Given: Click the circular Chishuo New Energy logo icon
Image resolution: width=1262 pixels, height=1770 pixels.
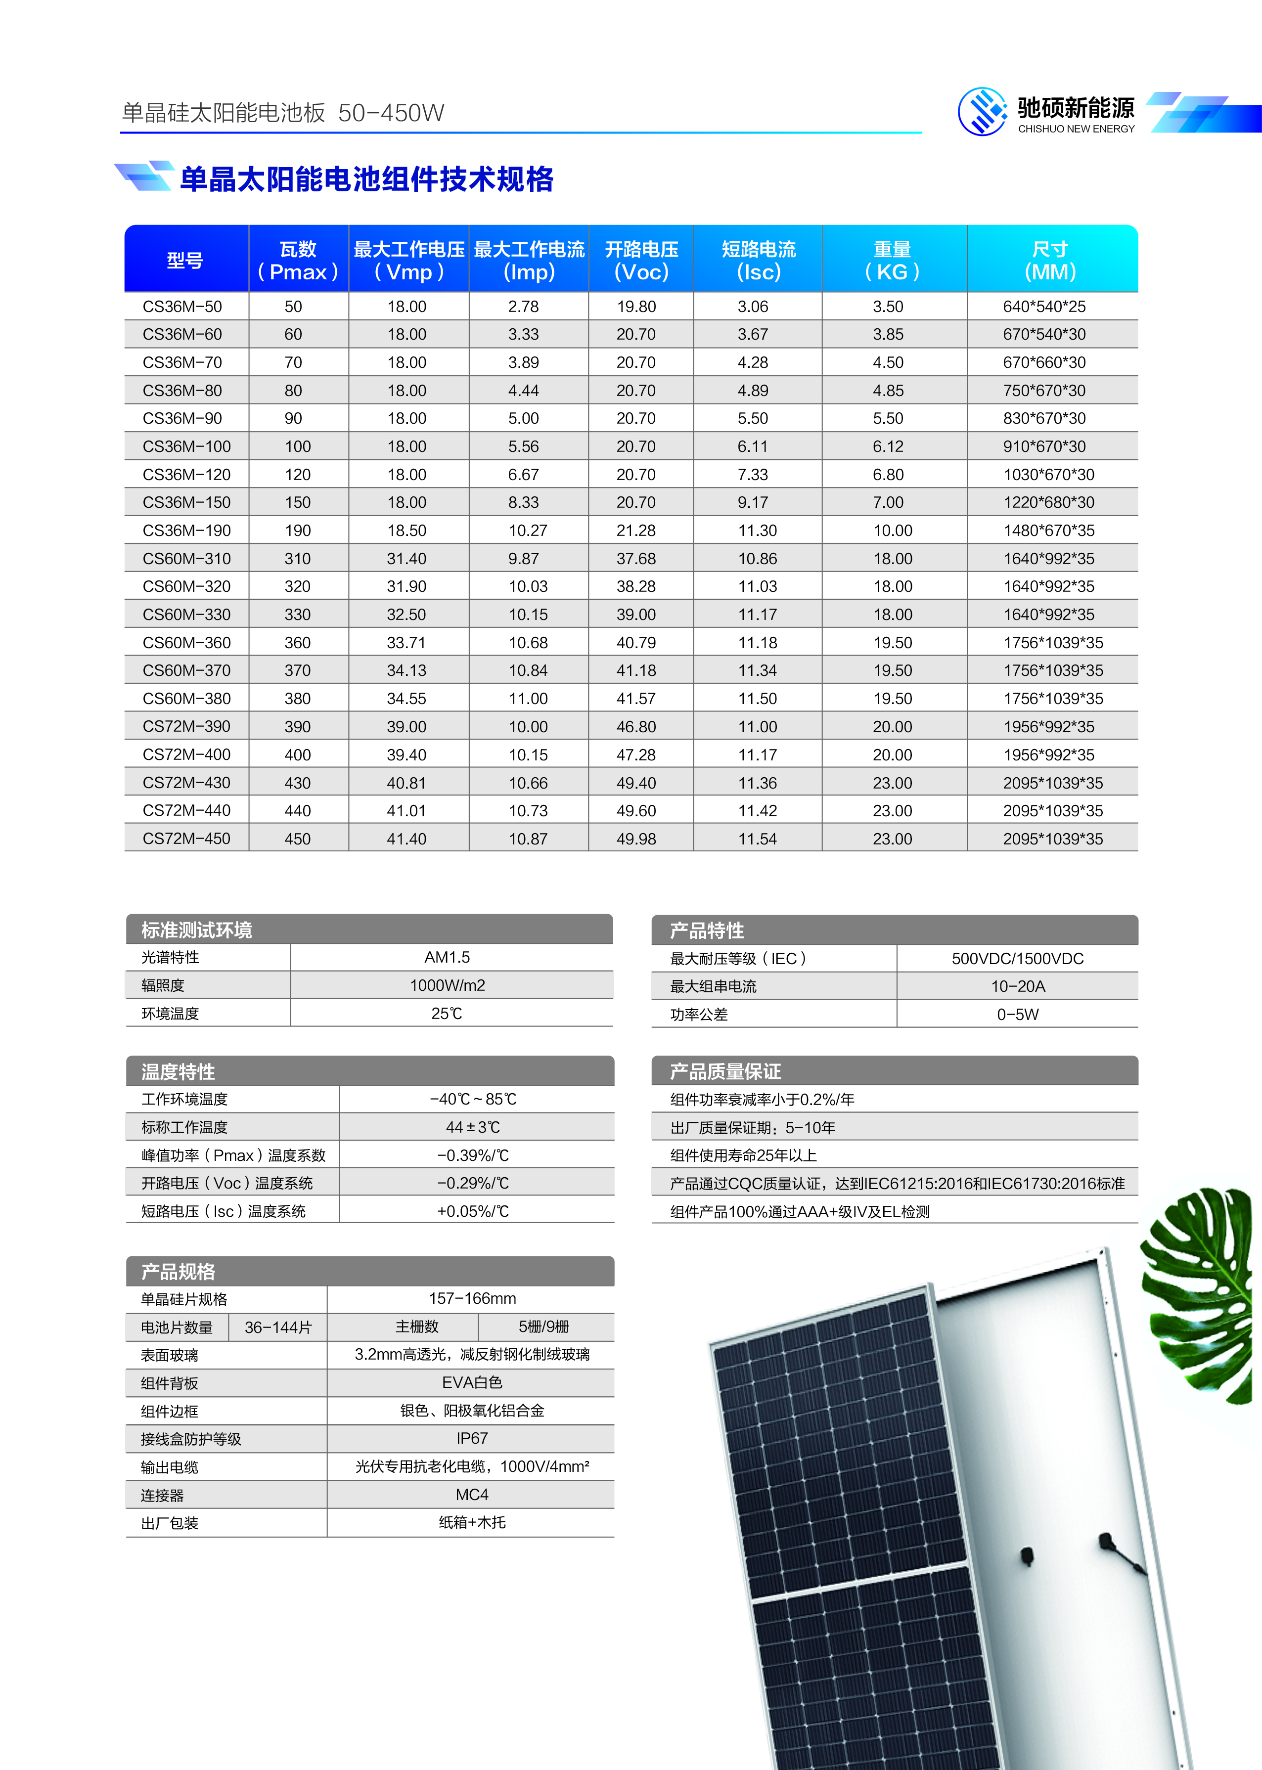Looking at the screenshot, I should [982, 112].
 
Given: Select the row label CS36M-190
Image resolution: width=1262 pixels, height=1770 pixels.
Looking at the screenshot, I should [186, 531].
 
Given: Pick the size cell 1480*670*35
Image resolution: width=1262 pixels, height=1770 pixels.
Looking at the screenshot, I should [1048, 531].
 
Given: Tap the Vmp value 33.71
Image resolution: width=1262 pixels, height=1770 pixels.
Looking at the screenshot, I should [406, 643].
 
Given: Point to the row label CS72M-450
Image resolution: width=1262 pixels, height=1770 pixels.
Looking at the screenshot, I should [186, 839].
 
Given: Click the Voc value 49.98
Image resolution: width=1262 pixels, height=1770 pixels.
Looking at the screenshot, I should [636, 839].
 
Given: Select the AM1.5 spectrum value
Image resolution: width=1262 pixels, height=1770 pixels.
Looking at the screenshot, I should [447, 957].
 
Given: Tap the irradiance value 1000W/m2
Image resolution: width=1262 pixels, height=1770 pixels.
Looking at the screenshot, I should [447, 985].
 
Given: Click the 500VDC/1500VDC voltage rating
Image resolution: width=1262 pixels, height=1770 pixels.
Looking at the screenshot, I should [1017, 959].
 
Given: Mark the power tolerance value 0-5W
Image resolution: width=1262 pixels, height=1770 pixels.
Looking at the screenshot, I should [1017, 1015].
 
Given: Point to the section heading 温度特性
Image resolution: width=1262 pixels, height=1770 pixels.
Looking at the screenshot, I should [178, 1071].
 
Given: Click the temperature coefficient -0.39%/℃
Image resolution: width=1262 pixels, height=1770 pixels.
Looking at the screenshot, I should [472, 1155].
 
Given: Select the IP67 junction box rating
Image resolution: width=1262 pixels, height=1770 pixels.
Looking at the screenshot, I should [472, 1438].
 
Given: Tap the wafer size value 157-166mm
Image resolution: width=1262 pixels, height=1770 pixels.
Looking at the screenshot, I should [472, 1298].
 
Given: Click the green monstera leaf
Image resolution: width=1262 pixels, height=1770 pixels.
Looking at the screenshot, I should [1201, 1290].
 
